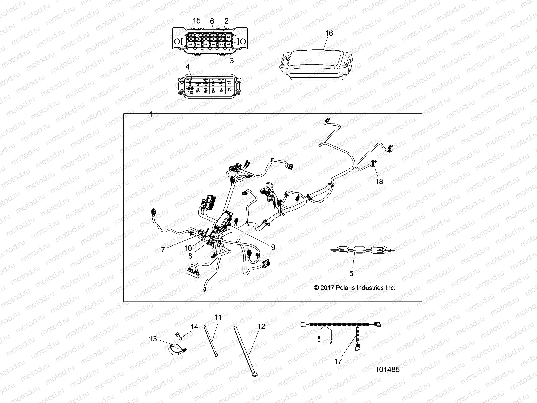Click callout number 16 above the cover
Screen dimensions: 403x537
[x=329, y=33]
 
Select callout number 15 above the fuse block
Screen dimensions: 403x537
[x=196, y=21]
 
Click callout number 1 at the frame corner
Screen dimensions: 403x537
[x=151, y=115]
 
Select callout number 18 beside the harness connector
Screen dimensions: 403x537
[x=379, y=181]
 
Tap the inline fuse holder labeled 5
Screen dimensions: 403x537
[x=362, y=250]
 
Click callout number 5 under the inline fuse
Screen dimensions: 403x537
[x=351, y=274]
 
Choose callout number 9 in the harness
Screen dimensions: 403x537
[x=273, y=247]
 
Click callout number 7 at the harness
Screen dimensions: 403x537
[x=163, y=250]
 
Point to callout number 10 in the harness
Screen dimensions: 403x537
[x=188, y=248]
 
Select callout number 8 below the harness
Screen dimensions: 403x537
[x=190, y=256]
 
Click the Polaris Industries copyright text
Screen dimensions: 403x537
[x=354, y=288]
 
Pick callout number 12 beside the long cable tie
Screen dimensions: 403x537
[x=261, y=326]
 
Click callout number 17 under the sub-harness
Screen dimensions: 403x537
[x=338, y=361]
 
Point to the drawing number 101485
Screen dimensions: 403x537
[x=387, y=369]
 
